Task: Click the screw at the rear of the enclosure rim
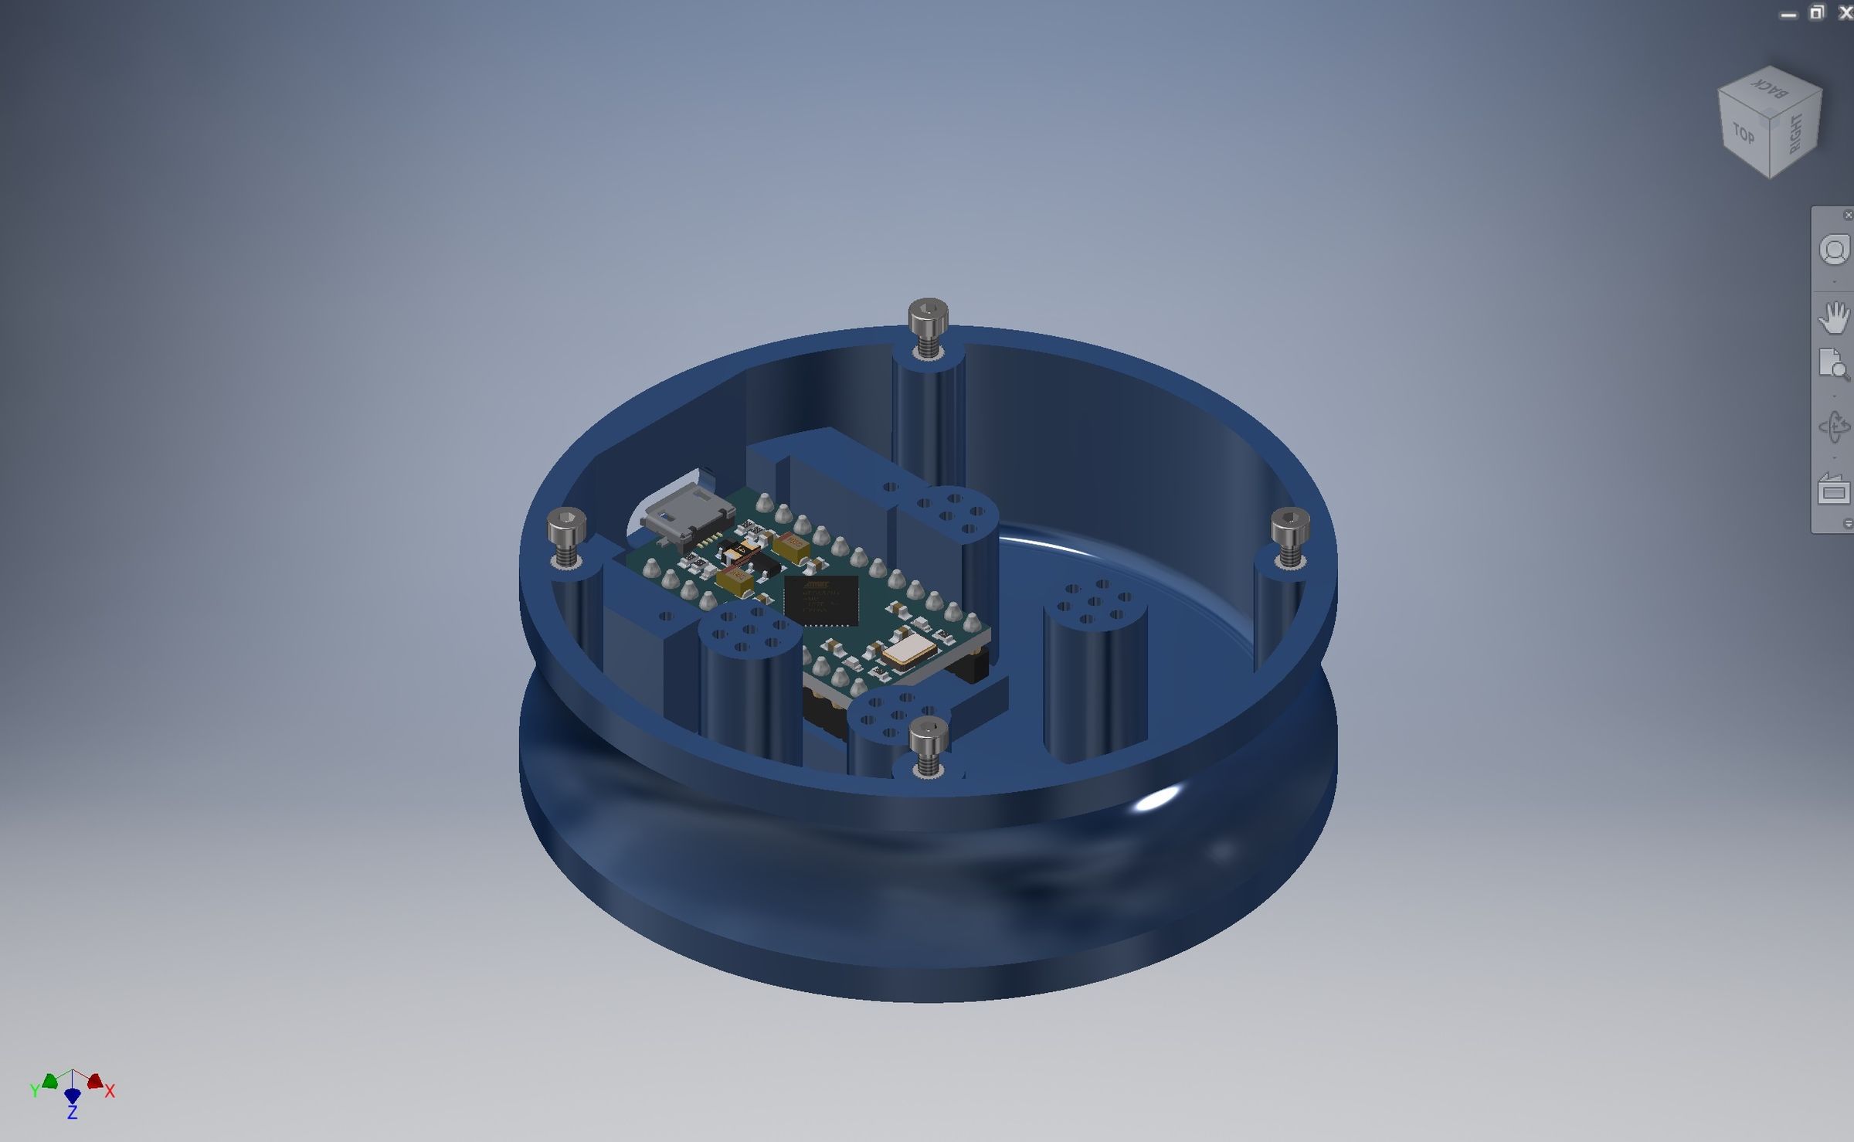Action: [x=928, y=318]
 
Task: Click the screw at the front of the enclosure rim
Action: [x=928, y=739]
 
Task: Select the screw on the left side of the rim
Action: [x=566, y=530]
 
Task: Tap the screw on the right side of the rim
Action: [x=1289, y=529]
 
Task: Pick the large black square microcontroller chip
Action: [x=821, y=600]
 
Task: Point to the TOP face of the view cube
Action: [x=1744, y=134]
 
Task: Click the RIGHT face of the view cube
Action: [x=1796, y=133]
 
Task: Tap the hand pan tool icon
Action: [x=1833, y=318]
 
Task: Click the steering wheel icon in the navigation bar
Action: [x=1834, y=250]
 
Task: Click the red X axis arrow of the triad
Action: [x=96, y=1081]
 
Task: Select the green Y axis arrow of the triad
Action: [x=50, y=1081]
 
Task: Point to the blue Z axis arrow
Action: [x=73, y=1096]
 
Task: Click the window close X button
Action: [x=1844, y=13]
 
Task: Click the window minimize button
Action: [x=1788, y=15]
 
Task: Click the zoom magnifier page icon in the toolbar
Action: [x=1833, y=364]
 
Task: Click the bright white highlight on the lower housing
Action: [x=1156, y=798]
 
